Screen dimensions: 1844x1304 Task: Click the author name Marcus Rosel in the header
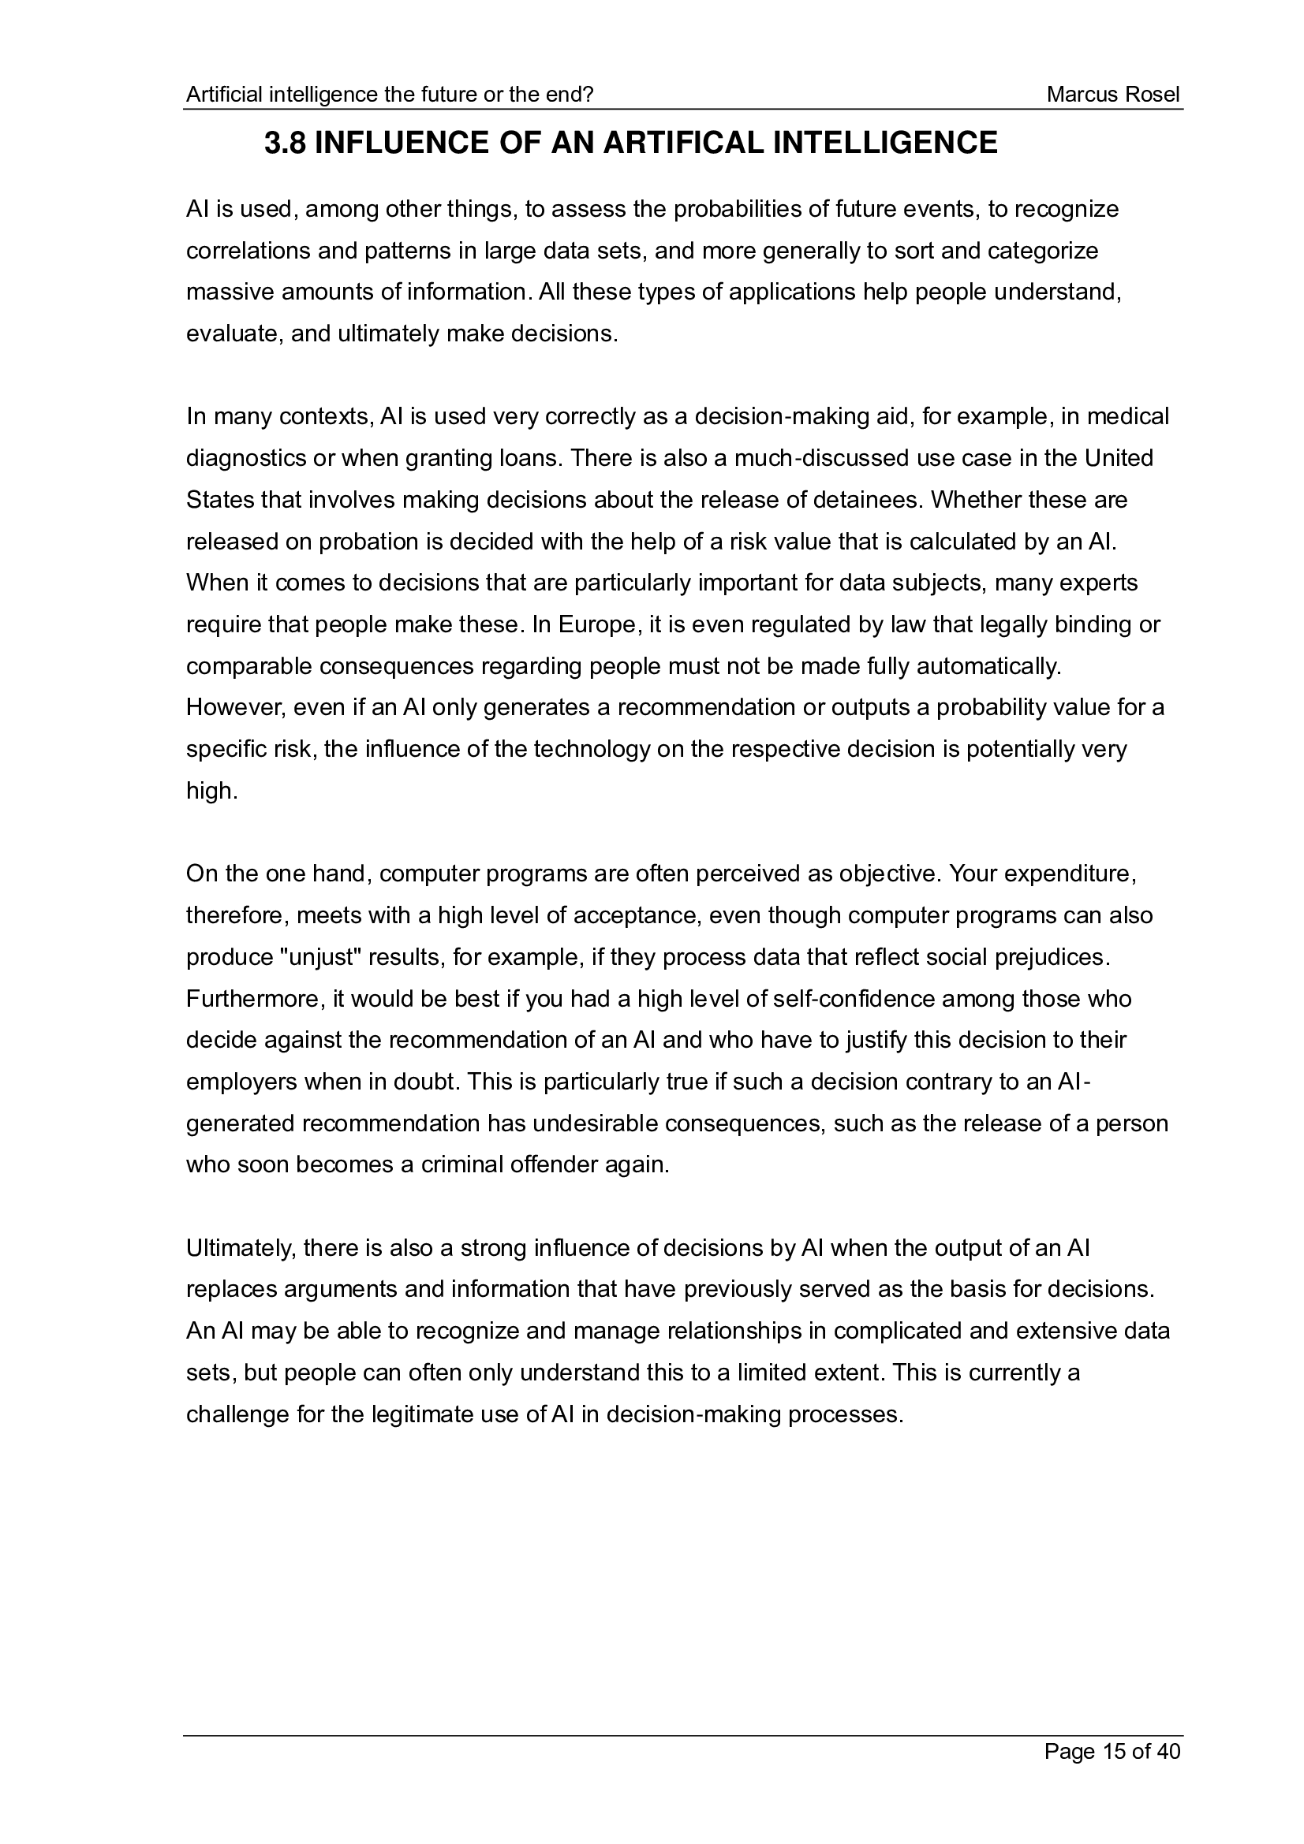point(1113,95)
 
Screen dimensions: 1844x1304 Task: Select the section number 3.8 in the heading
point(285,143)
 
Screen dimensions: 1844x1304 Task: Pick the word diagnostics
point(246,459)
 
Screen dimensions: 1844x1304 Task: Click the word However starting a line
point(232,707)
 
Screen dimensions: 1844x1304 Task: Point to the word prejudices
point(1051,958)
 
